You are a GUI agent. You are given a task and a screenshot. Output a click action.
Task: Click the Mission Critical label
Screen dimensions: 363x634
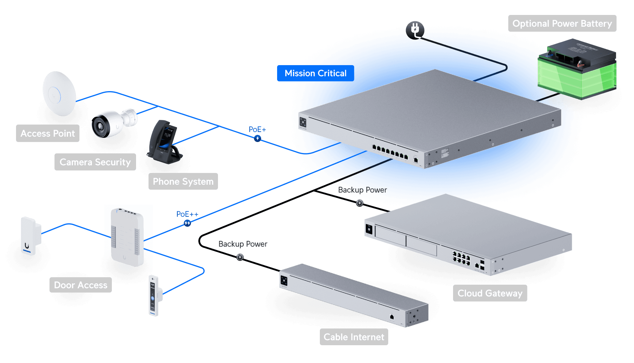point(315,73)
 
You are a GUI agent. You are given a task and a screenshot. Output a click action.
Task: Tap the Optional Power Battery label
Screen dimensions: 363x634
point(562,23)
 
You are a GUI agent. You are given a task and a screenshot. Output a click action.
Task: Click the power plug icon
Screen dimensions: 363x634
point(415,30)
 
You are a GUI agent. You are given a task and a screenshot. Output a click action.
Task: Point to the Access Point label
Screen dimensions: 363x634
point(48,133)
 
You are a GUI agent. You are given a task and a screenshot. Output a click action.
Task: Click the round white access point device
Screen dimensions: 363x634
point(59,94)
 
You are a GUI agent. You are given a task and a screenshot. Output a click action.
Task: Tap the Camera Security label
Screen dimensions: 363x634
point(95,162)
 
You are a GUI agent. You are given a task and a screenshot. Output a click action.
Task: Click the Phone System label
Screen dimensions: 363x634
point(183,181)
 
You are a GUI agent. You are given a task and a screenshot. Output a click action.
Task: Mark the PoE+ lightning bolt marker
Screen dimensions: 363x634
point(258,138)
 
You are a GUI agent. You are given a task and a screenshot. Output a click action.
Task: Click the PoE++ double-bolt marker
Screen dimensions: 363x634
point(187,223)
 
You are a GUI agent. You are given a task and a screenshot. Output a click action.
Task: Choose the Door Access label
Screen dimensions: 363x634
point(80,285)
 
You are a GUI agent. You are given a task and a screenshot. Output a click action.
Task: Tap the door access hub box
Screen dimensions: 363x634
point(127,237)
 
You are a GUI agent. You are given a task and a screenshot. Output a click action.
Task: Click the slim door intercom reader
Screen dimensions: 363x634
point(154,295)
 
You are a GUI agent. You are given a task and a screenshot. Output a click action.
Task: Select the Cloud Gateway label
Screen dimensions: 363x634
point(490,293)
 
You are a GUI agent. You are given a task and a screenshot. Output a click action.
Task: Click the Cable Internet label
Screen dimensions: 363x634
point(354,337)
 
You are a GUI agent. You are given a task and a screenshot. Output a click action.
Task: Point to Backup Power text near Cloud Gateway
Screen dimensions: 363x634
point(362,190)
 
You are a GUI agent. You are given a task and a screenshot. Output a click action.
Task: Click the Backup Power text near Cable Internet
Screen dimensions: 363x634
point(243,244)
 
